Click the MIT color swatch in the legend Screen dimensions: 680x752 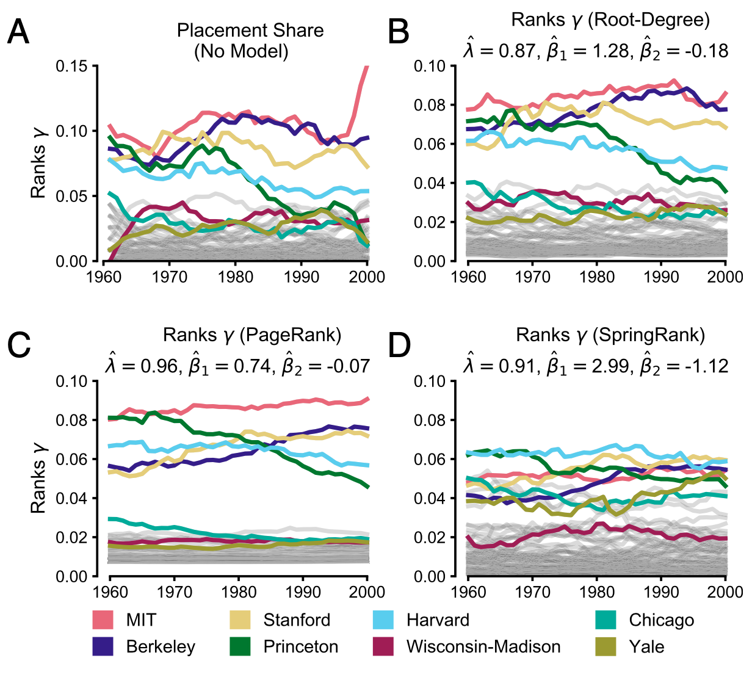click(x=103, y=620)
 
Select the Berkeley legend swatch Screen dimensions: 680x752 click(x=103, y=646)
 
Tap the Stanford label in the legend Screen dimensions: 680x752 click(x=297, y=620)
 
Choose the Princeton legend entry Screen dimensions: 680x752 click(x=300, y=646)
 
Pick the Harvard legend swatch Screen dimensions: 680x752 click(x=383, y=620)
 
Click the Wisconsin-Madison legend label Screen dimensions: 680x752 click(x=483, y=646)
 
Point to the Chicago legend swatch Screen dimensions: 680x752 click(x=606, y=620)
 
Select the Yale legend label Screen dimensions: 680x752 click(x=646, y=646)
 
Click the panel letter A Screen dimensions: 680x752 click(x=18, y=32)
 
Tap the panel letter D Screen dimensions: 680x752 click(x=400, y=346)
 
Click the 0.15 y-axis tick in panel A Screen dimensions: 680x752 click(x=72, y=66)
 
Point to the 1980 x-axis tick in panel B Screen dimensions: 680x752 click(x=597, y=277)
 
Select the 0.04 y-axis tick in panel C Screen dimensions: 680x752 click(x=72, y=498)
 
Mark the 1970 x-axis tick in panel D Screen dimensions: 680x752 click(x=532, y=591)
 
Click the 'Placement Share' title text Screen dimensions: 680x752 click(x=250, y=31)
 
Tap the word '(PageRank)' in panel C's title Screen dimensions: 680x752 click(x=290, y=335)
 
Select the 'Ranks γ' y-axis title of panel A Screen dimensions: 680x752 click(x=38, y=164)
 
